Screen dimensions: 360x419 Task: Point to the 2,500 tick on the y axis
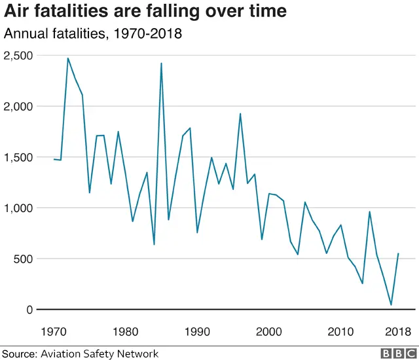point(20,55)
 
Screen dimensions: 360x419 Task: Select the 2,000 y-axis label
point(20,106)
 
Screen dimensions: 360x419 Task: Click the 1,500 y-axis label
point(20,157)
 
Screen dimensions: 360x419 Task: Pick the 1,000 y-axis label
point(20,208)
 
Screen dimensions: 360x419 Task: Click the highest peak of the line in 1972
point(68,58)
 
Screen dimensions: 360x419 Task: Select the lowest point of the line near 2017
point(391,305)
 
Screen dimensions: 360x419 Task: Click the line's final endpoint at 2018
point(398,253)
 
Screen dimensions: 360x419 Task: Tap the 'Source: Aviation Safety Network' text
point(80,353)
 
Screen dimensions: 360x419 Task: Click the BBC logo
point(396,353)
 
